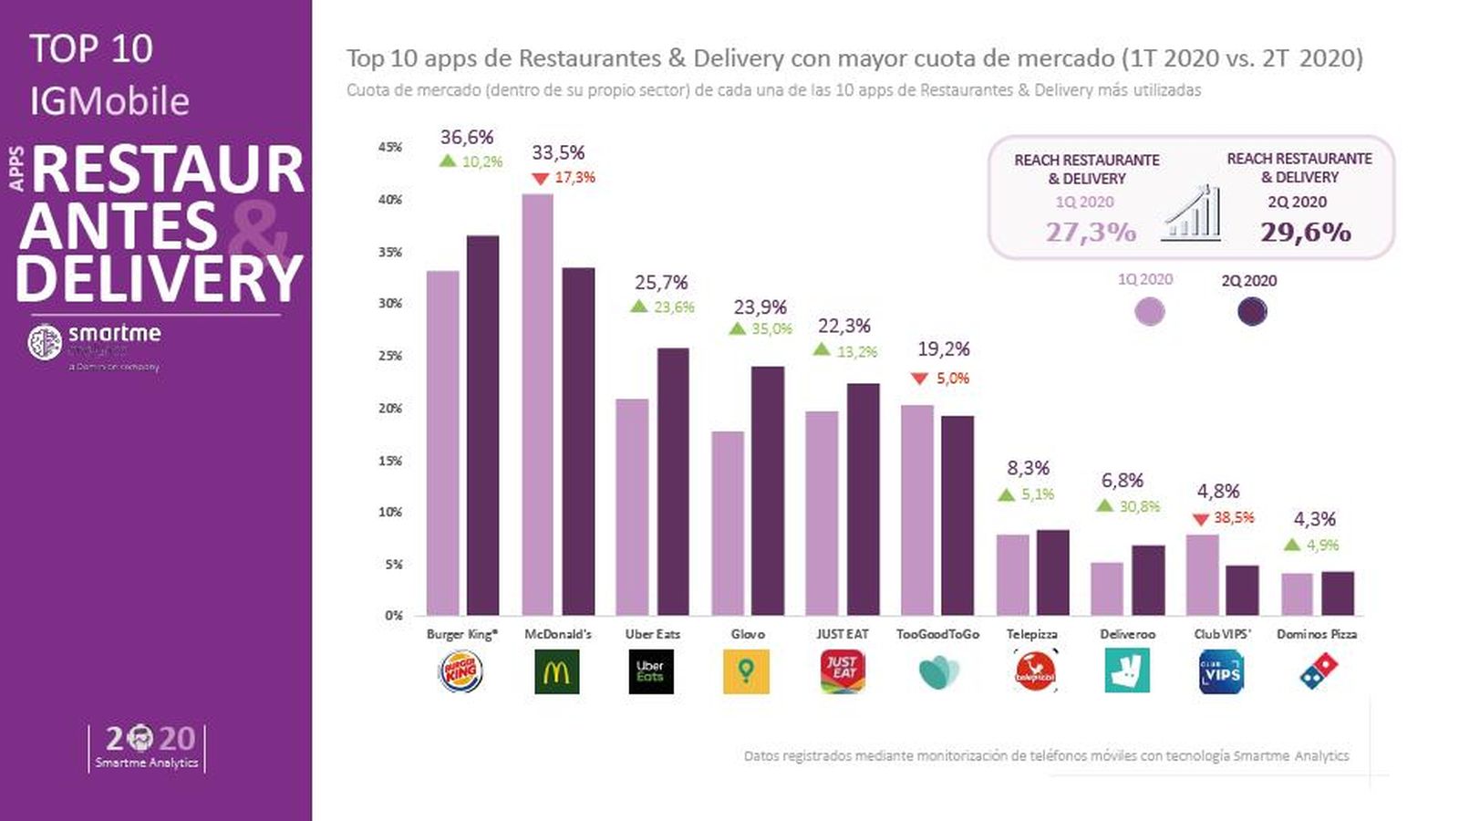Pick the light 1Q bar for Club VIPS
click(1202, 575)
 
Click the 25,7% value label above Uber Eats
click(661, 283)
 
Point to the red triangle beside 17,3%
click(541, 179)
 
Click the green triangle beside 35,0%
click(738, 328)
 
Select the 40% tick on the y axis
click(390, 200)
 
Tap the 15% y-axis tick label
click(390, 461)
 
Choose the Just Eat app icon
click(843, 672)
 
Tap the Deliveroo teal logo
click(1126, 671)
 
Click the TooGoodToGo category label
click(937, 634)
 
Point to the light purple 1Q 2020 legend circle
click(1149, 312)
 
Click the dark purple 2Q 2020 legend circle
click(1252, 312)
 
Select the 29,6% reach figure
click(1305, 232)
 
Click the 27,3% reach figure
click(1091, 232)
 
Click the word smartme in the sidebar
click(115, 333)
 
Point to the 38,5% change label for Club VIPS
click(1234, 517)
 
